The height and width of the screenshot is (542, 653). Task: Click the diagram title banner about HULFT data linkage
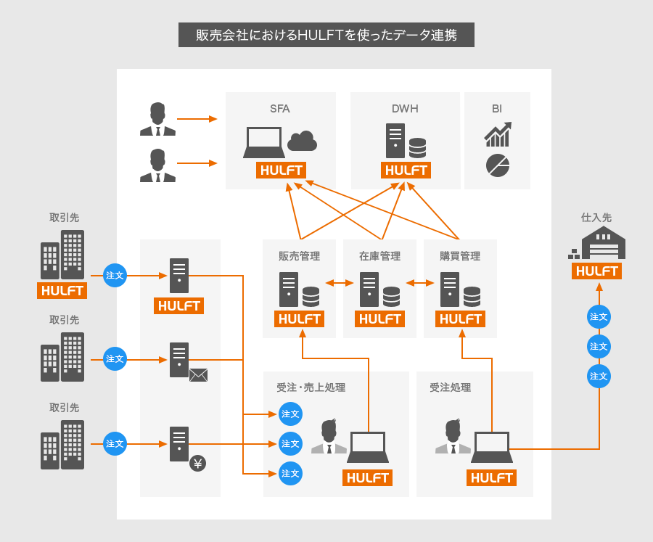coord(326,35)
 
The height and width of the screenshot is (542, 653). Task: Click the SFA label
coord(280,109)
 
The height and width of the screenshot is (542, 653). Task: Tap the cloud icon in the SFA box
coord(302,141)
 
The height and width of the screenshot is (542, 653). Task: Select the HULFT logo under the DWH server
coord(406,171)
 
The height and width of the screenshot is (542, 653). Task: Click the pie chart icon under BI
coord(498,165)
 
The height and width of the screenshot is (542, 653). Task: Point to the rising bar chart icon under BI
coord(498,134)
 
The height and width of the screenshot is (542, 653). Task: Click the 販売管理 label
coord(299,256)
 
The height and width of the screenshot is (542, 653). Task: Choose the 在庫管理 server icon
coord(369,289)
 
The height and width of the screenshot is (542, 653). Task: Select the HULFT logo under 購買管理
coord(460,319)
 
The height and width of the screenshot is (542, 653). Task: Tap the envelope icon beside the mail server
coord(198,375)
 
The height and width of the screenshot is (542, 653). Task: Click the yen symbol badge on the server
coord(197,463)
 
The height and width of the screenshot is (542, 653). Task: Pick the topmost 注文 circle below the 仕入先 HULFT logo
coord(599,316)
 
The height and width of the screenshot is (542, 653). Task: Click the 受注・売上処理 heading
coord(311,387)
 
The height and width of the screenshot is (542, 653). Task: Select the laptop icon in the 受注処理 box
coord(492,447)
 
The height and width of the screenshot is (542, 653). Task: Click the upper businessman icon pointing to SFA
coord(157,120)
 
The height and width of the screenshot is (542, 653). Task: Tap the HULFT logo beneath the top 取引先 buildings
coord(62,290)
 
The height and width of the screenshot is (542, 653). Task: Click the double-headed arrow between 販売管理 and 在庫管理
coord(340,283)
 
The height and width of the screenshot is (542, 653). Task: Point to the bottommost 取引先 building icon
coord(62,445)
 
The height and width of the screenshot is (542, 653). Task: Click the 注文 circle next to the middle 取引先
coord(115,358)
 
